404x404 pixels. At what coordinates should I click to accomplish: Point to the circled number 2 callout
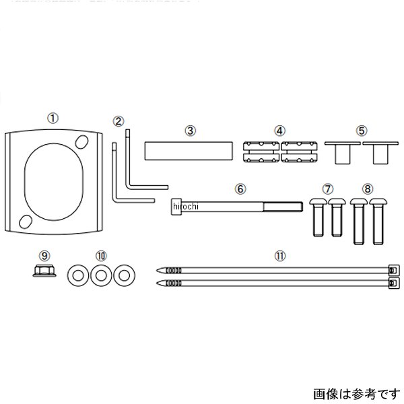[119, 122]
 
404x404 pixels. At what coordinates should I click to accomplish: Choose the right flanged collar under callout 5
[379, 152]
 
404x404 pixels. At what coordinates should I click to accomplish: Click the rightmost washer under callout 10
[123, 275]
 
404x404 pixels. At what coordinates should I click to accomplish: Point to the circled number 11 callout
[279, 257]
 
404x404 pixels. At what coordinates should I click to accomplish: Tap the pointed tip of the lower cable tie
[159, 283]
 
